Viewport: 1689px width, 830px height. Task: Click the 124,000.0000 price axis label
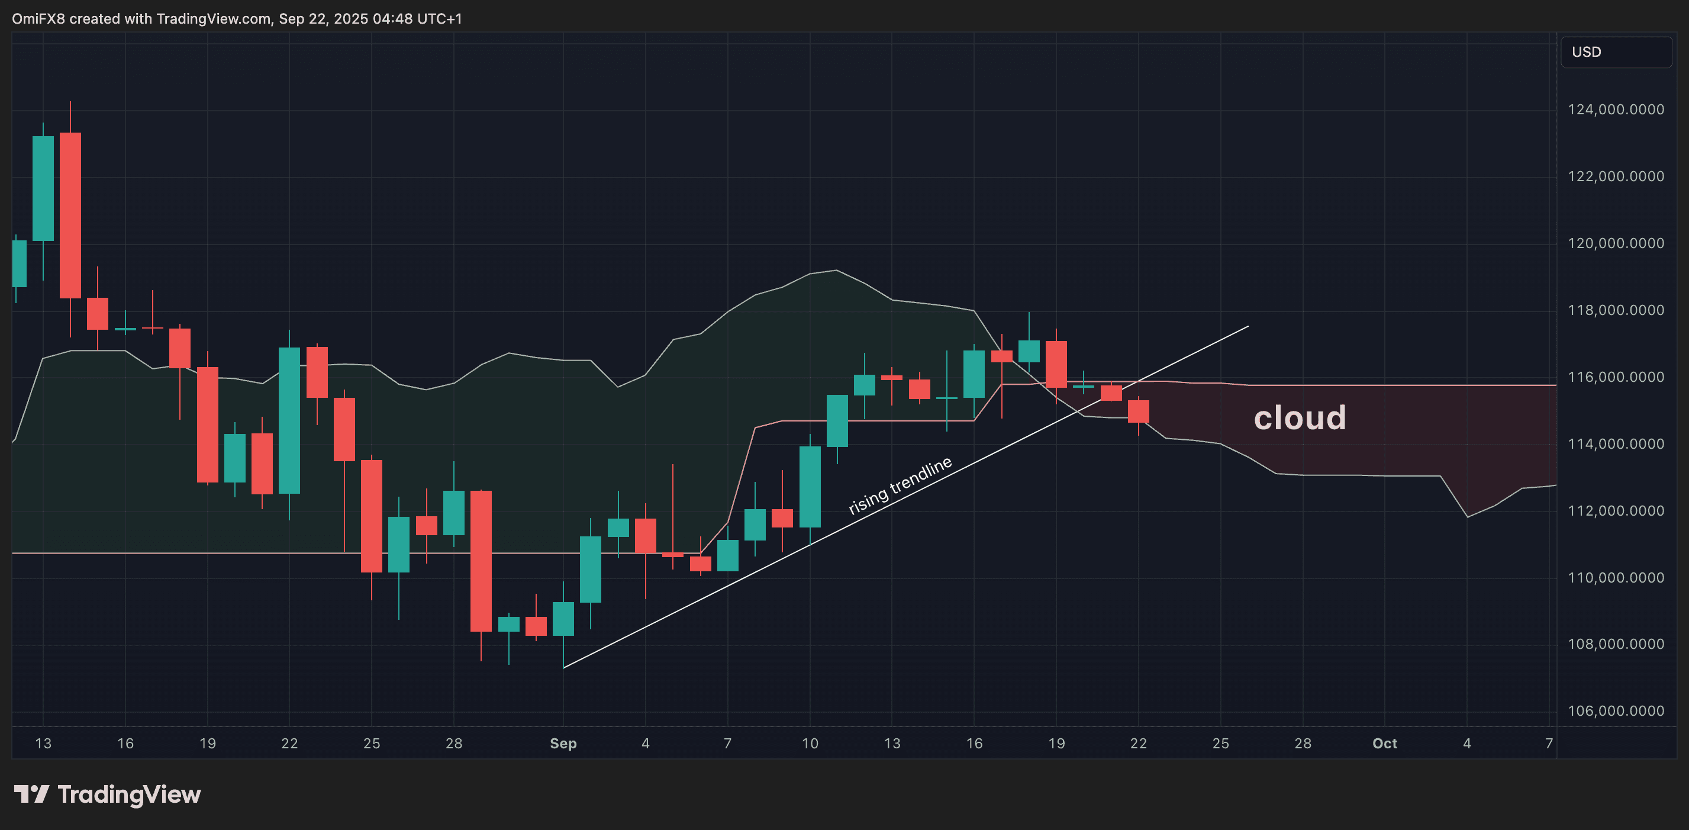click(1615, 110)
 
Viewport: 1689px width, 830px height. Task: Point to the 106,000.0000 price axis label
click(1615, 710)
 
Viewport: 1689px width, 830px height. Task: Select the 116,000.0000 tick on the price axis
click(1615, 377)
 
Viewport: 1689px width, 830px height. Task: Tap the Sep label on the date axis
click(563, 744)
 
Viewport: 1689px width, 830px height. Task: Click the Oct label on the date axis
click(1385, 744)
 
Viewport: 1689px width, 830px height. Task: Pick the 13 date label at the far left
click(43, 744)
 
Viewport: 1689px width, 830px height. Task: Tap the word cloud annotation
click(1300, 418)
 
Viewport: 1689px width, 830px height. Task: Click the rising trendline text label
click(900, 485)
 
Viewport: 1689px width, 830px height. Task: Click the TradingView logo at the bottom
click(108, 794)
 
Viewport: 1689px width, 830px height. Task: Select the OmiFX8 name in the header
click(38, 18)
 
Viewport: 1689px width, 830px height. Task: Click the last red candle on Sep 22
click(1138, 411)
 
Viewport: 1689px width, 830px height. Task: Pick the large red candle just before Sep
click(481, 561)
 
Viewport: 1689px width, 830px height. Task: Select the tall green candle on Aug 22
click(289, 420)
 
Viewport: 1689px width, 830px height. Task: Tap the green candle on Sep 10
click(810, 487)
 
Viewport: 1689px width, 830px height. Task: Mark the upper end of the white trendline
click(1247, 327)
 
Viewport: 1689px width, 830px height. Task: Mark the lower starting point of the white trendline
click(564, 667)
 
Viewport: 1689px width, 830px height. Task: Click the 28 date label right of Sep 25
click(1303, 744)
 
